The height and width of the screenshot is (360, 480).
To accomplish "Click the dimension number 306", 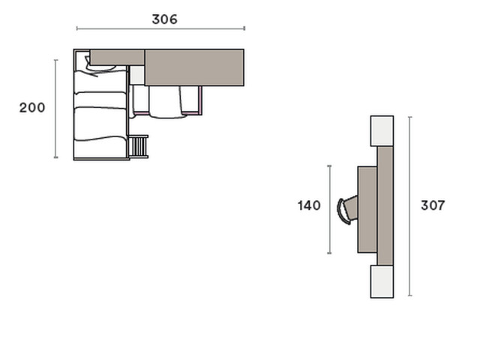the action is pyautogui.click(x=164, y=19).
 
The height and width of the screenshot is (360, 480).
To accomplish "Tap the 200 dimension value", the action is pyautogui.click(x=32, y=108).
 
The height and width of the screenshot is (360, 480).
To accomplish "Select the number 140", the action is pyautogui.click(x=309, y=205).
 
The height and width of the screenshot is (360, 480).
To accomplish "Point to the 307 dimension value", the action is pyautogui.click(x=433, y=205).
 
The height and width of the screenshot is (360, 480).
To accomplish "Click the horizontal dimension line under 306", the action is pyautogui.click(x=160, y=28).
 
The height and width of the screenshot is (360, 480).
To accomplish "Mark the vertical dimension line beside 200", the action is pyautogui.click(x=55, y=109).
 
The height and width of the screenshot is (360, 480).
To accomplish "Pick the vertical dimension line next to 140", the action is pyautogui.click(x=329, y=210).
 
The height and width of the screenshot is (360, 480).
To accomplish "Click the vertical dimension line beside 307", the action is pyautogui.click(x=410, y=206).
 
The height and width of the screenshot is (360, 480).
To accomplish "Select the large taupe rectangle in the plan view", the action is pyautogui.click(x=194, y=67).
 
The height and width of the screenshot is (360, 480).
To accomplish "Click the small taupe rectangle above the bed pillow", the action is pyautogui.click(x=117, y=57).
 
